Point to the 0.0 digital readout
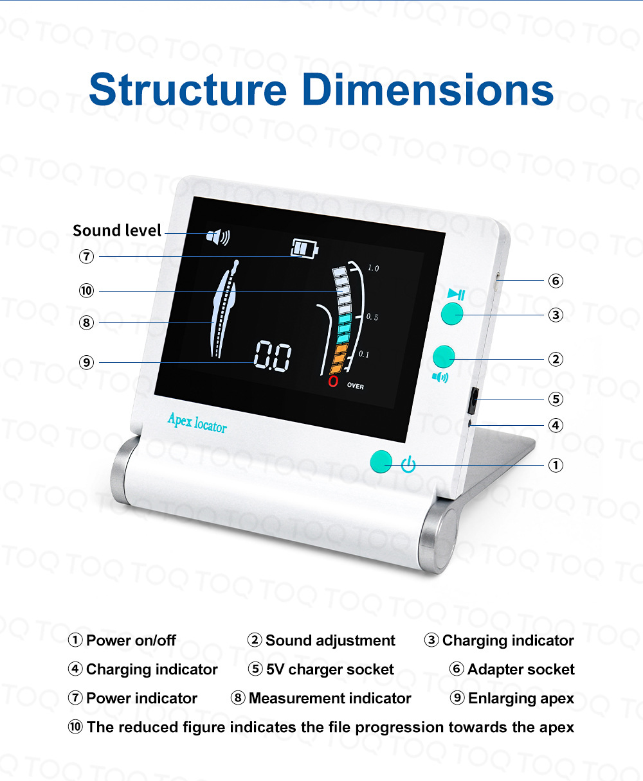pyautogui.click(x=273, y=356)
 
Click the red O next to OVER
pyautogui.click(x=333, y=382)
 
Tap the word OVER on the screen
pyautogui.click(x=355, y=386)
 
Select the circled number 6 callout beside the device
pyautogui.click(x=556, y=281)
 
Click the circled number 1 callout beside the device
pyautogui.click(x=556, y=464)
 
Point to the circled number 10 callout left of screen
pyautogui.click(x=86, y=291)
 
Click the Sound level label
pyautogui.click(x=116, y=231)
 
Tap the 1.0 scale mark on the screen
pyautogui.click(x=373, y=268)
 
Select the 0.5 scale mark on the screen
pyautogui.click(x=372, y=317)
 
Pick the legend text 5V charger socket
pyautogui.click(x=329, y=669)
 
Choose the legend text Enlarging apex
pyautogui.click(x=521, y=698)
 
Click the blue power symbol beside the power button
pyautogui.click(x=408, y=464)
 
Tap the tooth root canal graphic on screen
pyautogui.click(x=224, y=308)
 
